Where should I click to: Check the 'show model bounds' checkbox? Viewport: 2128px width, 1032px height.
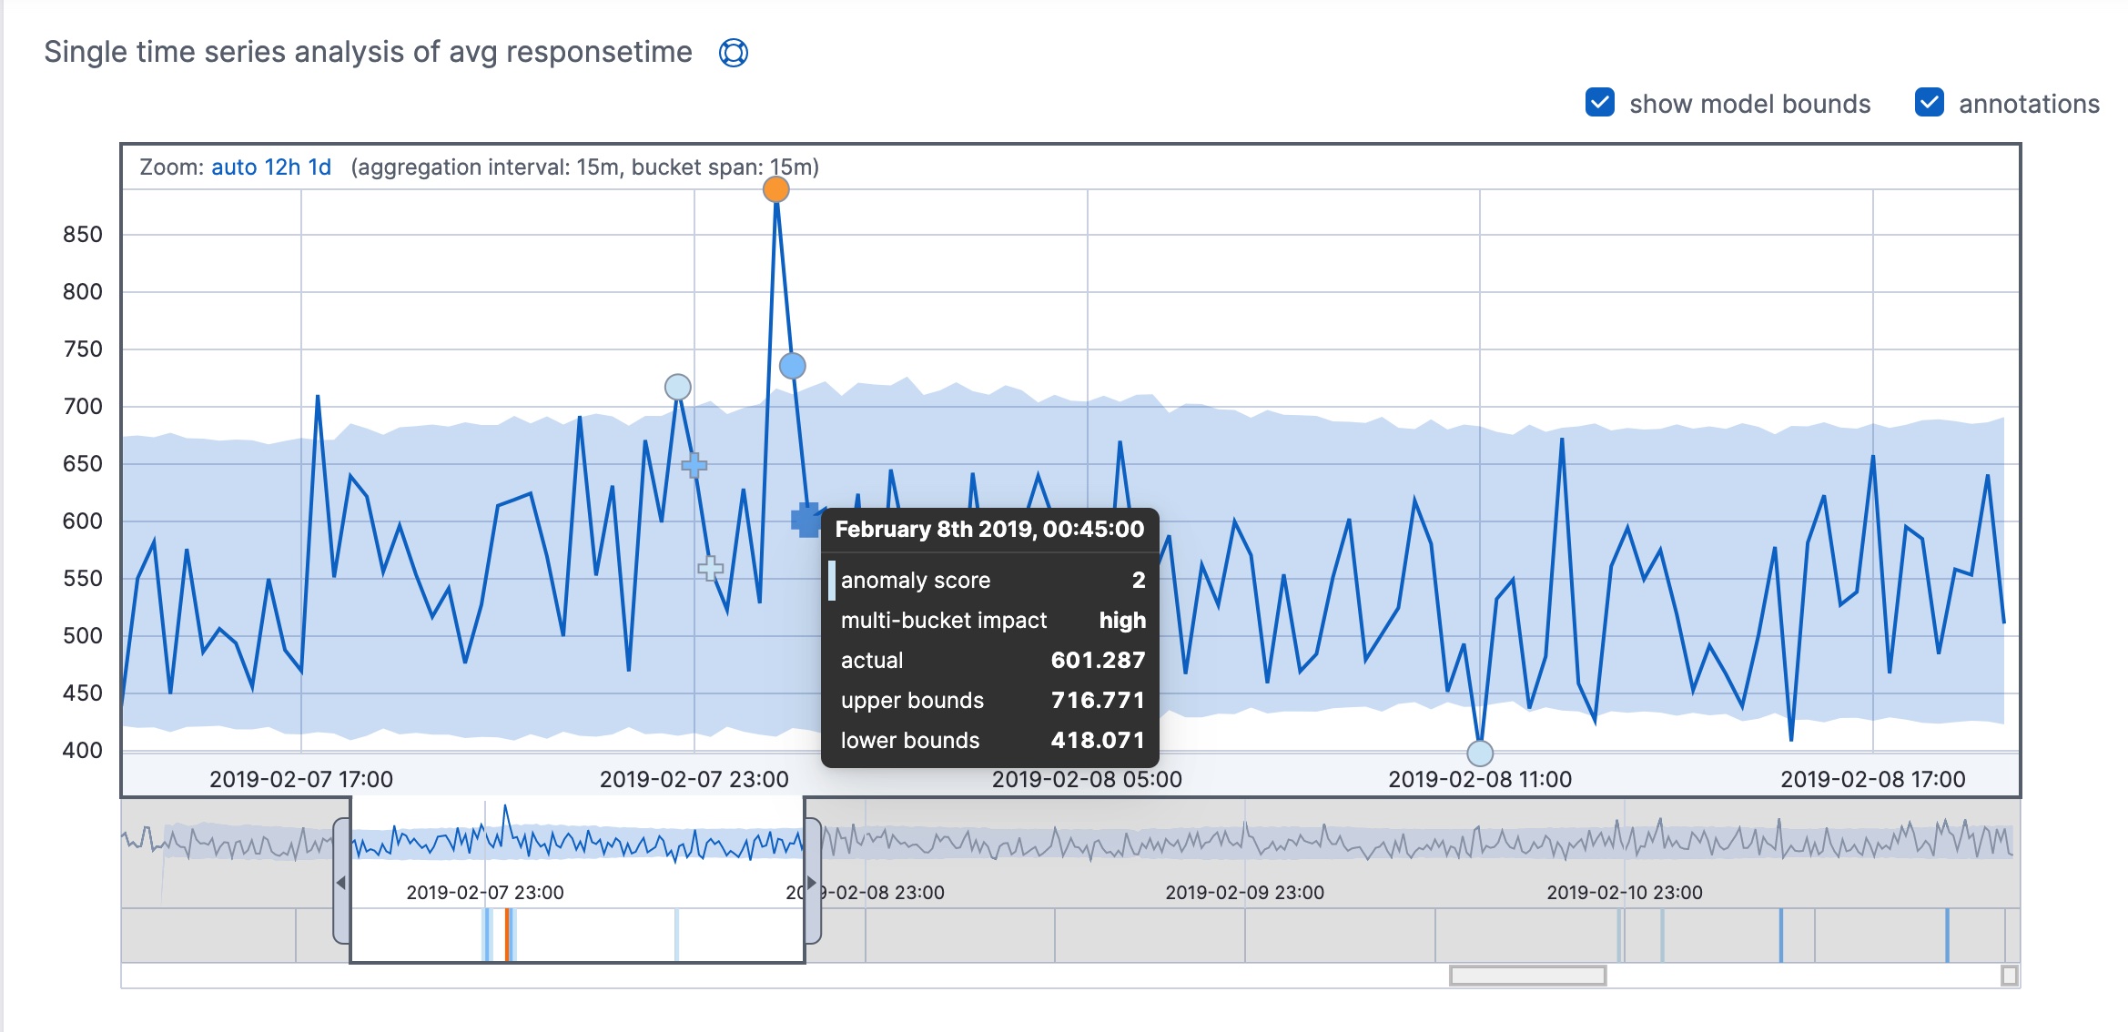pos(1599,103)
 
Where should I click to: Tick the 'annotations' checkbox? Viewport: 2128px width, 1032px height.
pos(1929,103)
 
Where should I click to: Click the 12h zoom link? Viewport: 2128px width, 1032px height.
pos(282,167)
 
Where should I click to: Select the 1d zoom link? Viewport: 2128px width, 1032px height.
pos(319,167)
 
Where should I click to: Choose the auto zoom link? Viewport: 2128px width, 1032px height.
pos(234,167)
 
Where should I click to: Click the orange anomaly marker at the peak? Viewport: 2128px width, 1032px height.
pos(775,189)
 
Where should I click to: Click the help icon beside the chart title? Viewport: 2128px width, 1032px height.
pos(734,53)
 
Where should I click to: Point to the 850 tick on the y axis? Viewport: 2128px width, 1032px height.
pos(83,235)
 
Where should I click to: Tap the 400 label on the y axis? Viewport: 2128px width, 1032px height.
pos(83,751)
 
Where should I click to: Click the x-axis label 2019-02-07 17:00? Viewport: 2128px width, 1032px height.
pos(301,779)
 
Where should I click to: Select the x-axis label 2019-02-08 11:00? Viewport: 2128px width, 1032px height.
pos(1480,779)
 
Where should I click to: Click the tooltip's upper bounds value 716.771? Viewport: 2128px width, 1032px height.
pos(1097,700)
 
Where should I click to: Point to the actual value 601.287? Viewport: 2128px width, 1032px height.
pos(1097,660)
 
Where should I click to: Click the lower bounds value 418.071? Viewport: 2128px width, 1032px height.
pos(1097,740)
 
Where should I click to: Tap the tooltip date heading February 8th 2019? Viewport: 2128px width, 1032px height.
pos(989,530)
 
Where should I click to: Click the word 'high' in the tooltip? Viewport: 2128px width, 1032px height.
pos(1122,620)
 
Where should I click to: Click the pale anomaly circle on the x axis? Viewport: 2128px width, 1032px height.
pos(1480,754)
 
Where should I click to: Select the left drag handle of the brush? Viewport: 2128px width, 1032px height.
pos(341,882)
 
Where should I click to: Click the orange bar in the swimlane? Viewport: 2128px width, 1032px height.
pos(507,935)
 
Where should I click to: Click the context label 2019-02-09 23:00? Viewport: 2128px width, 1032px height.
pos(1244,892)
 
